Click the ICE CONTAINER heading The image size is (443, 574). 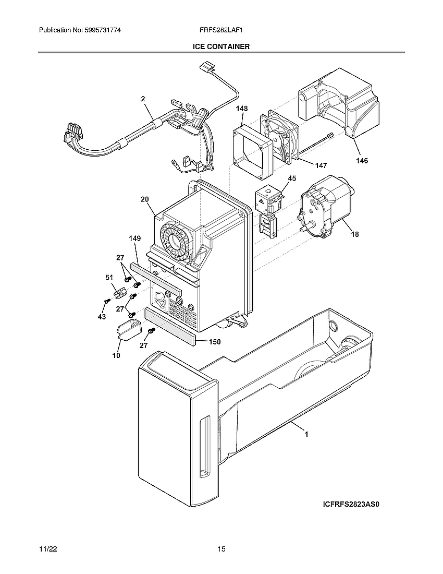pyautogui.click(x=221, y=46)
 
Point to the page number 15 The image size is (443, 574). pyautogui.click(x=221, y=549)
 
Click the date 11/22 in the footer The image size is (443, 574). pyautogui.click(x=47, y=549)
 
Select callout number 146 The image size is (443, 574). pyautogui.click(x=362, y=161)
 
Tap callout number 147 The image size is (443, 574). pyautogui.click(x=321, y=165)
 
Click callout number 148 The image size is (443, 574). pyautogui.click(x=241, y=109)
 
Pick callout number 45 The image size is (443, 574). pyautogui.click(x=291, y=178)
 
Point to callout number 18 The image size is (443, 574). pyautogui.click(x=354, y=234)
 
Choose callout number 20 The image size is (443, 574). pyautogui.click(x=144, y=199)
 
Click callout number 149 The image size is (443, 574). pyautogui.click(x=135, y=238)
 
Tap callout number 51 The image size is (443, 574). pyautogui.click(x=109, y=278)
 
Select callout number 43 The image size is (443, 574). pyautogui.click(x=102, y=317)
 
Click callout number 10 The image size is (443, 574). pyautogui.click(x=116, y=355)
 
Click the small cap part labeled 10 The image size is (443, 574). pyautogui.click(x=128, y=330)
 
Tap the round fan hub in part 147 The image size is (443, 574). pyautogui.click(x=276, y=138)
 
